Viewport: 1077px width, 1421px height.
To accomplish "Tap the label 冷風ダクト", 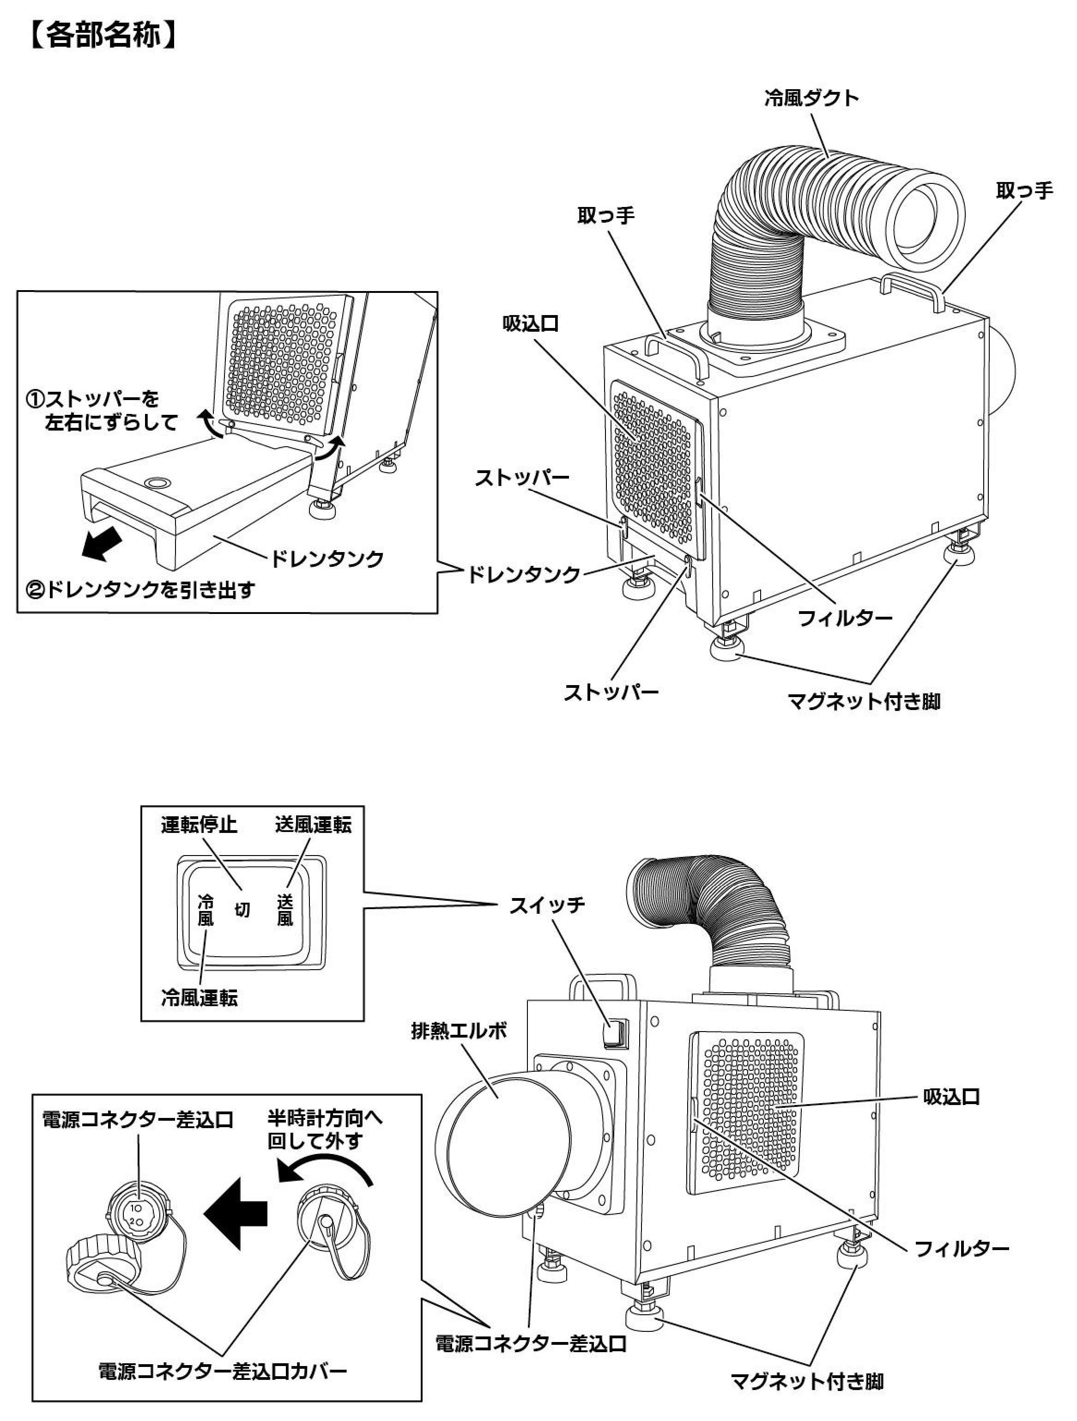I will point(811,99).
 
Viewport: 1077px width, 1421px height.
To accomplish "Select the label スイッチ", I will point(547,905).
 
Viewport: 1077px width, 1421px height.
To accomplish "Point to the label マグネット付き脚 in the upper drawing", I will point(864,701).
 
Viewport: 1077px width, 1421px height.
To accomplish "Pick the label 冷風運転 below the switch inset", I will point(199,998).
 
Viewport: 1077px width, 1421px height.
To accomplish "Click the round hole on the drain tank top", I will point(157,481).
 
